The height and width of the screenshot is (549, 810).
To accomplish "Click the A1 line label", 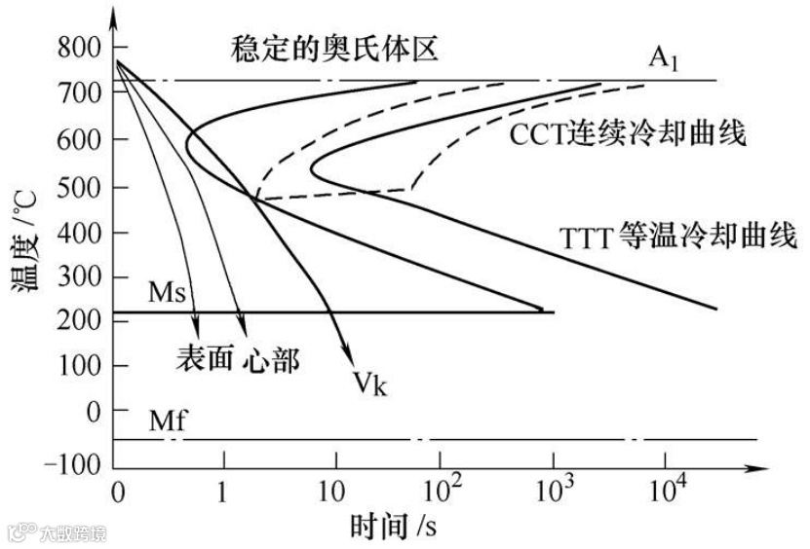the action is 666,57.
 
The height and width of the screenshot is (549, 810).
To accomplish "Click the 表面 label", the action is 205,357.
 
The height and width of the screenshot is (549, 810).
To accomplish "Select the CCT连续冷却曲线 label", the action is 628,133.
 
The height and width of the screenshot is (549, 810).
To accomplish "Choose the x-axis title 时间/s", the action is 392,526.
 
